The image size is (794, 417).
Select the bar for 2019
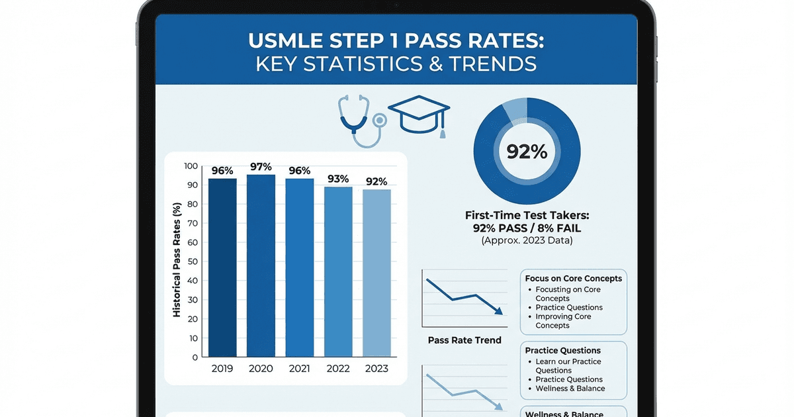[222, 268]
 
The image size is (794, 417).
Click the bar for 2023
[376, 273]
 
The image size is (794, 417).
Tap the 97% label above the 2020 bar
[261, 166]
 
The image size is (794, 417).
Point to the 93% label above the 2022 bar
[337, 179]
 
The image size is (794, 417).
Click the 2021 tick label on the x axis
[299, 369]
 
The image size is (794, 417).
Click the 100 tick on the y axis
[191, 166]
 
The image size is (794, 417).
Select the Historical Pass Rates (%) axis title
[177, 260]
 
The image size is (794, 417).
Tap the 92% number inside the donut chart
[527, 152]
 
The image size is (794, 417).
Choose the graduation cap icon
[419, 116]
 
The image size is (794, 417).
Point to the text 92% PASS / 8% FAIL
[527, 228]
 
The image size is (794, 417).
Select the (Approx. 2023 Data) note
[527, 241]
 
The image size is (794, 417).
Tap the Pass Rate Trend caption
[464, 340]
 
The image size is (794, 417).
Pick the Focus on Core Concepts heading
[573, 279]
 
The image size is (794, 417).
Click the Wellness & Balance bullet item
[570, 389]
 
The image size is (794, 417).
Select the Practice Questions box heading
[562, 350]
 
